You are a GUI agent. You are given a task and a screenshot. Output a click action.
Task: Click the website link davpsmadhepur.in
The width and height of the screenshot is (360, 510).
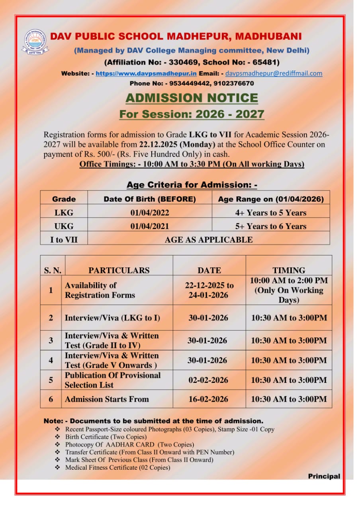(x=146, y=73)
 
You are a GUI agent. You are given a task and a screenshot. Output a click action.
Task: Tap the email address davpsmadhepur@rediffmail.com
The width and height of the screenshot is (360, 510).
(x=274, y=73)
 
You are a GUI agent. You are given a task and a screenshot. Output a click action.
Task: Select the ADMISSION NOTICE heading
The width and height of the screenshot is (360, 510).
(x=192, y=98)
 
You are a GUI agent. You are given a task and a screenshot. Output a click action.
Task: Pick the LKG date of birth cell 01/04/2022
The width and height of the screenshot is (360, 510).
(x=149, y=213)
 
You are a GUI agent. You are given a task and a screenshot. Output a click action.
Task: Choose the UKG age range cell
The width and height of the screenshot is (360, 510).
(x=270, y=226)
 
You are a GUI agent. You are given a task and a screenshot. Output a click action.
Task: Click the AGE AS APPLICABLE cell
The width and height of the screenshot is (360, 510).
(x=208, y=239)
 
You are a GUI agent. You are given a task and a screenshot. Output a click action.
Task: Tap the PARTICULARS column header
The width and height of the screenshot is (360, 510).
(x=119, y=270)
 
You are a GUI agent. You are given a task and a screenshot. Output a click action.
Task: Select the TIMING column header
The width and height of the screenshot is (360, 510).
(x=288, y=270)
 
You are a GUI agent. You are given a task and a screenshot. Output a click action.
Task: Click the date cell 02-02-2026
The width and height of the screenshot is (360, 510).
(x=208, y=380)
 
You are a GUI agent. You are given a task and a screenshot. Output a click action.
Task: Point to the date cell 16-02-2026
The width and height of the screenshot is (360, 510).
(x=208, y=399)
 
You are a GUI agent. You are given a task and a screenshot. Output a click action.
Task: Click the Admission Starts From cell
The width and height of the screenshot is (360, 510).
(x=106, y=399)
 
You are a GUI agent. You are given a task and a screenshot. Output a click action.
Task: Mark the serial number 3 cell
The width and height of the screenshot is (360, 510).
(x=51, y=340)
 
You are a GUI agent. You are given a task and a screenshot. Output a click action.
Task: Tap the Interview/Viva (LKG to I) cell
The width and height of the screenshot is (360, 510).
(x=112, y=318)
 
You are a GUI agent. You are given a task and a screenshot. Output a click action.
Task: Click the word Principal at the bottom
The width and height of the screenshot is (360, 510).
(x=324, y=476)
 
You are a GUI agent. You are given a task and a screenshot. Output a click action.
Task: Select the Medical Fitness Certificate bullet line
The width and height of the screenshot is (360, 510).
(x=117, y=467)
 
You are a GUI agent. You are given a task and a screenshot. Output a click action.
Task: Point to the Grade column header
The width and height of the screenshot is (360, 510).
(x=64, y=199)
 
